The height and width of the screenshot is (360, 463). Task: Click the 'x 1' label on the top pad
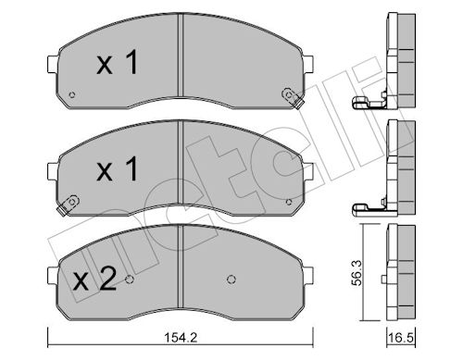tap(118, 63)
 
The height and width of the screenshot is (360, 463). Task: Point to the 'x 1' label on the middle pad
tap(118, 168)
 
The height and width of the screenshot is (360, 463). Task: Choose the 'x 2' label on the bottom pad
tap(95, 279)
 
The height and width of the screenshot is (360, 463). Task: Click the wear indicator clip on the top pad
tap(292, 97)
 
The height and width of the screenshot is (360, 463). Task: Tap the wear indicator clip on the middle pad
tap(68, 205)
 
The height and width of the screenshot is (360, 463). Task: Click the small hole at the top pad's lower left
tap(72, 94)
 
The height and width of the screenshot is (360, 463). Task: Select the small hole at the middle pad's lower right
tap(289, 202)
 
